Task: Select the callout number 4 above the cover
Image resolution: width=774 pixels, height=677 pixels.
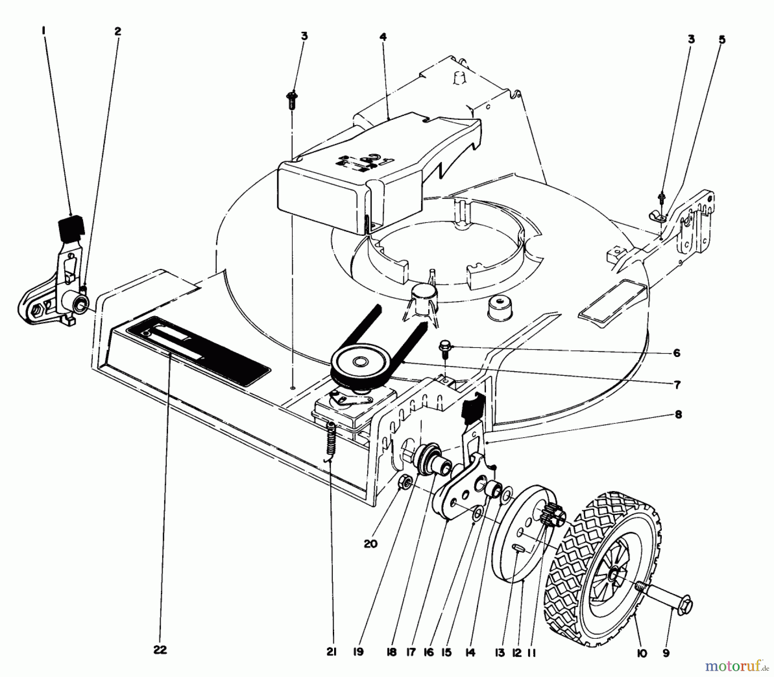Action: (383, 37)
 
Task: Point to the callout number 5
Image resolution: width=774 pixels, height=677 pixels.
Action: (722, 40)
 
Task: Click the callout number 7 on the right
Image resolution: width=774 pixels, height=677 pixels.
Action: (677, 385)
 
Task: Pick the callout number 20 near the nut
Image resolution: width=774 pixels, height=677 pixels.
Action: (370, 544)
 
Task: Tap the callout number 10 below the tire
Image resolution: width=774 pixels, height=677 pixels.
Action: (642, 653)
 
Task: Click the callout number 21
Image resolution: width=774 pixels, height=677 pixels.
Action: (331, 652)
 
